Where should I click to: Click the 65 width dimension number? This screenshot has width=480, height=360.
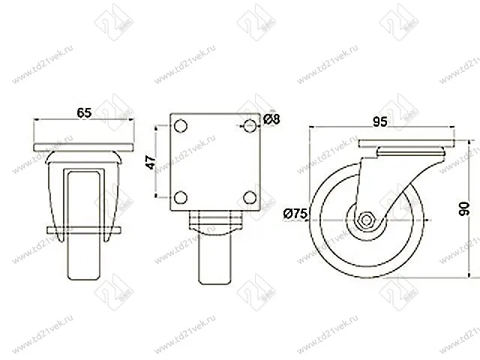tap(84, 113)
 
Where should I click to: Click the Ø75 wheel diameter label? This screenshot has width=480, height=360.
tap(295, 214)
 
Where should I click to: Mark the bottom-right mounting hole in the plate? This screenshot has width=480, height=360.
tap(248, 197)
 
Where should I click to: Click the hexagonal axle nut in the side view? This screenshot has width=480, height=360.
tap(367, 220)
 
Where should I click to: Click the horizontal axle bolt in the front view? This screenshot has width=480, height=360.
tap(84, 229)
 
